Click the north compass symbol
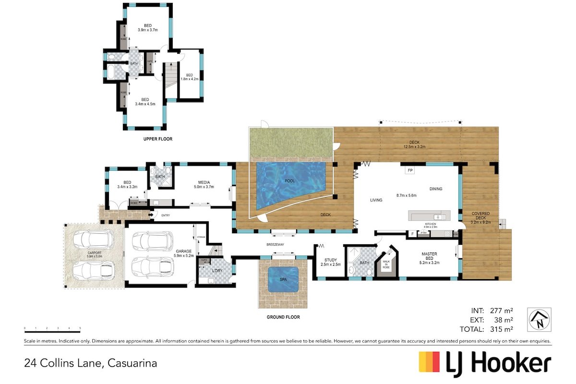(x=539, y=320)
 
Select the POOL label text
(x=289, y=181)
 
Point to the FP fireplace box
(x=410, y=170)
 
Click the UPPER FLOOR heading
(x=158, y=139)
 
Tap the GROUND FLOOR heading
(x=283, y=317)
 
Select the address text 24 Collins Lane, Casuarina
(x=91, y=363)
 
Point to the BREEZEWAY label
(x=276, y=244)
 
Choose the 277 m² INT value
(x=502, y=311)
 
